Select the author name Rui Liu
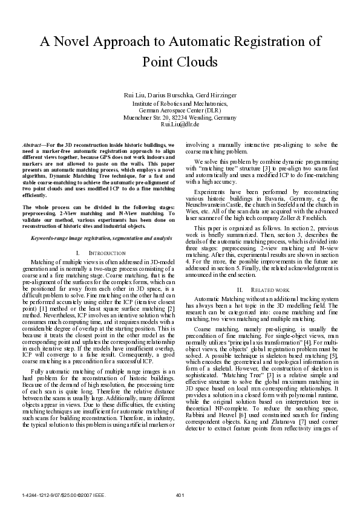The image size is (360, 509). [134, 96]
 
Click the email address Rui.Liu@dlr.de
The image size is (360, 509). [180, 124]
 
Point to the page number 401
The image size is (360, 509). [180, 495]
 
